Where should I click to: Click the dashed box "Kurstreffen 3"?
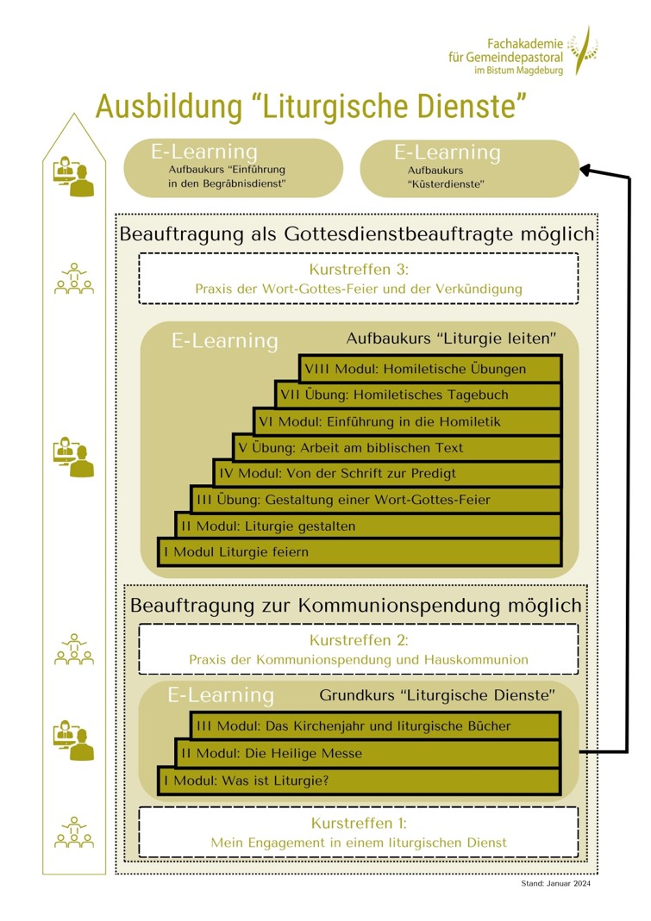coord(358,277)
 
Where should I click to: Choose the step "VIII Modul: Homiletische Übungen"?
coord(429,369)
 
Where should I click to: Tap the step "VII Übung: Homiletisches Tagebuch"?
coord(418,395)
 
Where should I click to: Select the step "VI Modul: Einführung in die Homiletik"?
coord(407,421)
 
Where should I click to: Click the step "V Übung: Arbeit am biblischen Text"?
coord(397,447)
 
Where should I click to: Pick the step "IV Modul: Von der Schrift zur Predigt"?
coord(387,473)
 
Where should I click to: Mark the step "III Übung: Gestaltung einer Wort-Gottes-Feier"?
coord(376,500)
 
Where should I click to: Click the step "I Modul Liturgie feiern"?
coord(359,551)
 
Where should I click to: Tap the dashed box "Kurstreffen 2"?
coord(358,649)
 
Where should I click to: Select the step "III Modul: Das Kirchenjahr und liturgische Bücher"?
coord(375,725)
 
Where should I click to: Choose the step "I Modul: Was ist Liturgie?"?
coord(359,781)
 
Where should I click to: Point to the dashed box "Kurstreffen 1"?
coord(358,832)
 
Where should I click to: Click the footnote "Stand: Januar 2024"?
coord(556,883)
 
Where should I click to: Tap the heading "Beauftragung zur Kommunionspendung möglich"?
coord(355,606)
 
